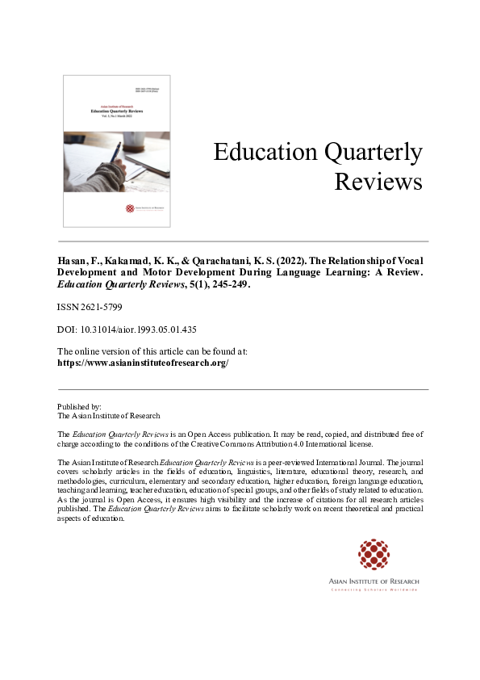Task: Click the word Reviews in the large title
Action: (378, 183)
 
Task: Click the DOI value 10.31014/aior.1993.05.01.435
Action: (139, 330)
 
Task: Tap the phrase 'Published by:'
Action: (79, 406)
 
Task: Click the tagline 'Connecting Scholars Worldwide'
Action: (374, 590)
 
